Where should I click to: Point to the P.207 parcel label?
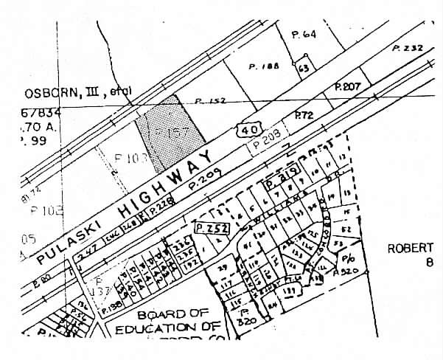347,86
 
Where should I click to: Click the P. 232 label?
408,48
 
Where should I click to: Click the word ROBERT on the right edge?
411,249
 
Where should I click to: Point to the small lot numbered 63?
302,67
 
